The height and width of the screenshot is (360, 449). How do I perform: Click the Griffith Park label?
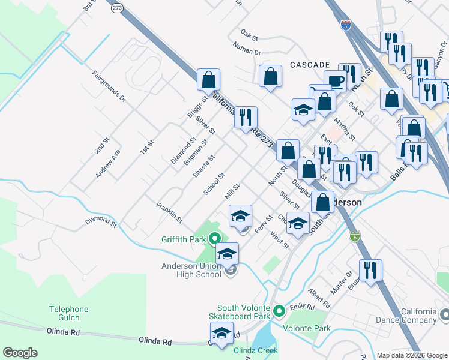coord(184,239)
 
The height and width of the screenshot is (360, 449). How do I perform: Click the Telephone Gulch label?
coord(68,314)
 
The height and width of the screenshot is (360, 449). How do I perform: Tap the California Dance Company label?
coord(411,316)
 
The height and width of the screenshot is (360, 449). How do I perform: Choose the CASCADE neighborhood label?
coord(310,65)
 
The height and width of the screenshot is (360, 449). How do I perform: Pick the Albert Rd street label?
coord(319,298)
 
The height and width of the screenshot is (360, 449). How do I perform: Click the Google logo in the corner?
coord(20,353)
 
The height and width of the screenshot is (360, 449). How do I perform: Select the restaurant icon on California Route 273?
coord(245,116)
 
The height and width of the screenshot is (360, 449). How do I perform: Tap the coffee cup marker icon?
coord(335,80)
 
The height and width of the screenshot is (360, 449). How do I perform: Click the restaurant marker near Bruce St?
coord(370,269)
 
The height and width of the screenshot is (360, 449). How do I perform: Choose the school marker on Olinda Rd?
coord(221,332)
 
